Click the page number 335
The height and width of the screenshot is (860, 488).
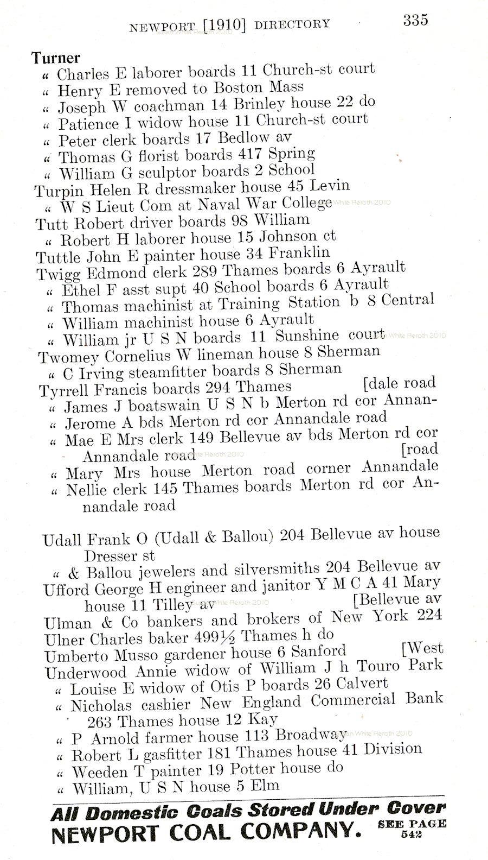coord(415,20)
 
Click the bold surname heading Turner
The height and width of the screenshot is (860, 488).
coord(56,58)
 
